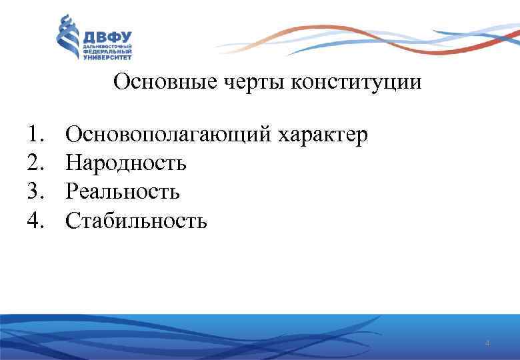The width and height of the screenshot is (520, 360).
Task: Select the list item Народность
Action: [x=126, y=163]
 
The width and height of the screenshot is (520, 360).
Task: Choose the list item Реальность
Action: [x=123, y=192]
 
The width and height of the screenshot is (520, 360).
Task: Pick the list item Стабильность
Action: [x=137, y=220]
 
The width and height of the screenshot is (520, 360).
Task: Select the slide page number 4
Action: [x=487, y=343]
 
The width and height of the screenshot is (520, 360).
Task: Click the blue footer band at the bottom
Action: [x=260, y=337]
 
